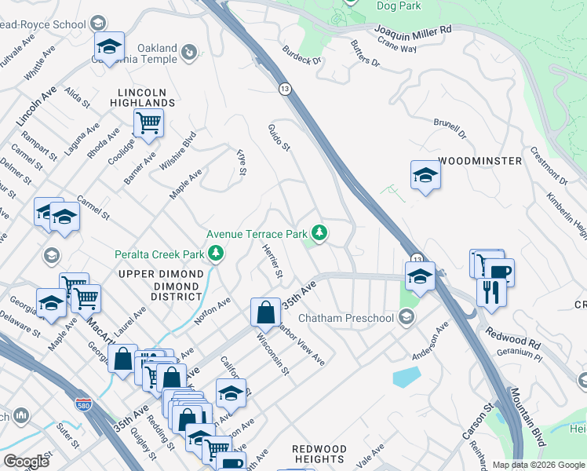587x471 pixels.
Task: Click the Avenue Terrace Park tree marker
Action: point(319,233)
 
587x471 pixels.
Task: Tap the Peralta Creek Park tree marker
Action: point(215,254)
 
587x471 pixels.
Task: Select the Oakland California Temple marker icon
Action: point(188,53)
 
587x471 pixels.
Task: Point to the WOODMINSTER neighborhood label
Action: point(480,161)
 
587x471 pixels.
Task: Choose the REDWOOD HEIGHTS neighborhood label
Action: point(319,453)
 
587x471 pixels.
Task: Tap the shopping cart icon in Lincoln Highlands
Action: point(148,122)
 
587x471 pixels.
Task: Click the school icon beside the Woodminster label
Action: point(425,174)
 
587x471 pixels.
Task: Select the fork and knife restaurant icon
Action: point(491,292)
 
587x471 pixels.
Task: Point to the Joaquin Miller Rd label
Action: point(413,31)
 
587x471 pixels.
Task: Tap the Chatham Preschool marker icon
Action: point(406,317)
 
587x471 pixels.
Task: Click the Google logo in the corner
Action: point(26,461)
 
